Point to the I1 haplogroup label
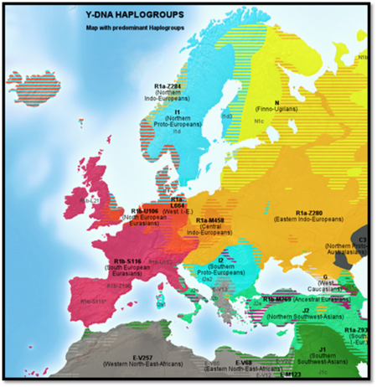pos(178,111)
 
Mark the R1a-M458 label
pos(204,219)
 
